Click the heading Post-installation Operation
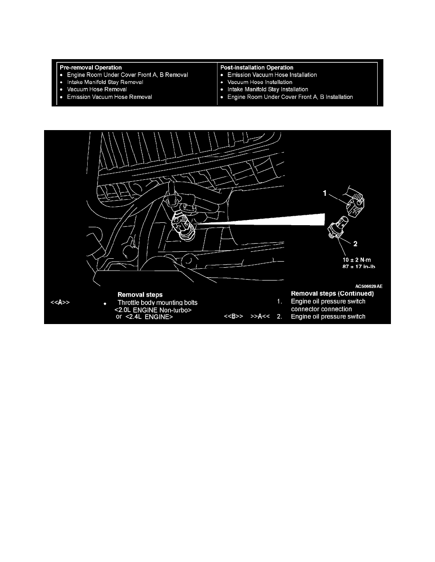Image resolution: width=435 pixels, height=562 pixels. [x=256, y=68]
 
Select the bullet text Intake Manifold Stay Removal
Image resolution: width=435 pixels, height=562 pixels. [x=105, y=82]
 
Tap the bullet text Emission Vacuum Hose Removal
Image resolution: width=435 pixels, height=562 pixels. [x=109, y=97]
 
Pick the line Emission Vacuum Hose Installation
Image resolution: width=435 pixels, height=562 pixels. [x=272, y=75]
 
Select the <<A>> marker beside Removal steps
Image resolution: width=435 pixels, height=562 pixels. [x=59, y=302]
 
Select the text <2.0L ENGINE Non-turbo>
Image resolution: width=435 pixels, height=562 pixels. [x=153, y=309]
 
